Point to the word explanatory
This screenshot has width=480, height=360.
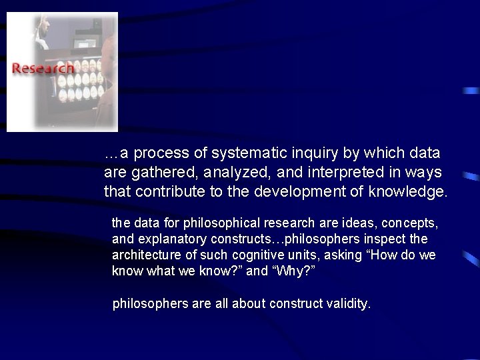[x=163, y=239]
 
